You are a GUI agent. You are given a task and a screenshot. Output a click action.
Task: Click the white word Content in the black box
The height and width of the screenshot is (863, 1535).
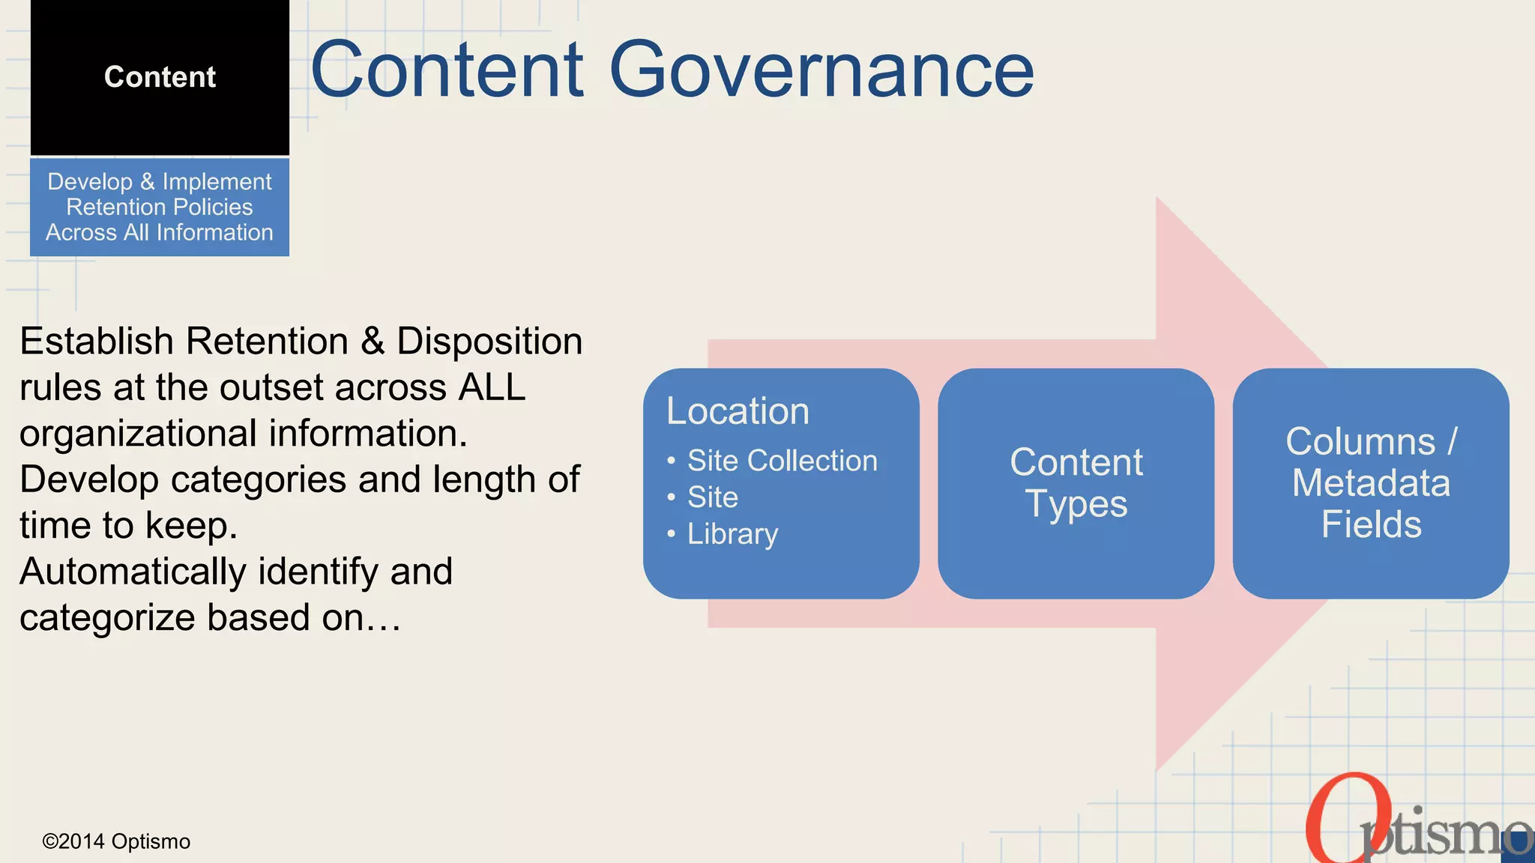(x=160, y=77)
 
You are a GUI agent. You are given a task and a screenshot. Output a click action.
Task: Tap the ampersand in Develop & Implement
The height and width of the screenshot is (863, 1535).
(x=147, y=182)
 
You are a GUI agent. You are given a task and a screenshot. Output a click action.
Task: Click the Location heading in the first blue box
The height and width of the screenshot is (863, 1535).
(x=738, y=411)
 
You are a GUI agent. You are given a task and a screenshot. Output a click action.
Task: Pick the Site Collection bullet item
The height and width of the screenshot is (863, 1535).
(x=782, y=461)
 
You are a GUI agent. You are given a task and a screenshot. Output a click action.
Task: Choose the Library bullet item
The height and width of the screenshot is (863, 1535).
(x=732, y=534)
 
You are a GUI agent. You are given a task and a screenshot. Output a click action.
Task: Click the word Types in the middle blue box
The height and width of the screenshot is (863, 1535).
(x=1076, y=503)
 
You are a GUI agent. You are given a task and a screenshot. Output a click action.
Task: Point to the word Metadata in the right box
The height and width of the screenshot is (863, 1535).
(x=1371, y=483)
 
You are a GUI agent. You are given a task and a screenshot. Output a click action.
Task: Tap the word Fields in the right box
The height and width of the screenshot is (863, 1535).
(x=1371, y=524)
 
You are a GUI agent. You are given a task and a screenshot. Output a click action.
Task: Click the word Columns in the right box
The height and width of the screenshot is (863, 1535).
(x=1360, y=441)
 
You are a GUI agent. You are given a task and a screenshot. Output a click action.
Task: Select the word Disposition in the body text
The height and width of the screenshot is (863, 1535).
(x=489, y=342)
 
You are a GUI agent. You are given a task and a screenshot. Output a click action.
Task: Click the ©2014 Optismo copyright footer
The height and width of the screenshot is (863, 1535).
(x=116, y=841)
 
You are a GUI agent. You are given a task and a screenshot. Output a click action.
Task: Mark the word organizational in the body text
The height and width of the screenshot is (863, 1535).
(x=138, y=434)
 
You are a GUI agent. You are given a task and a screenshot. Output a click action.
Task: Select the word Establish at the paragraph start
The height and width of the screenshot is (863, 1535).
(x=97, y=342)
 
